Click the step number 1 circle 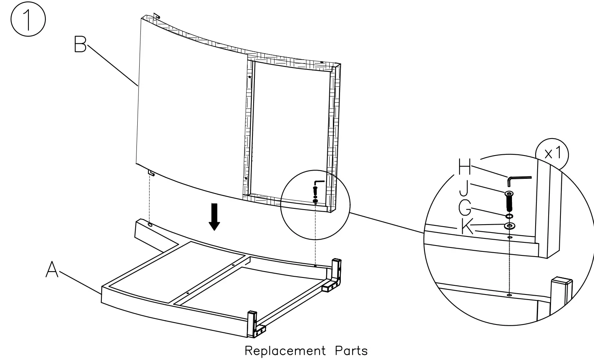[x=28, y=20]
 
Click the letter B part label [x=80, y=44]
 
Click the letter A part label [x=52, y=270]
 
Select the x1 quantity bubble [x=553, y=154]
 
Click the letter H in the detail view [x=465, y=167]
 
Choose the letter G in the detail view [x=465, y=208]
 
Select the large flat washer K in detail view [x=510, y=226]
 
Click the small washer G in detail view [x=509, y=216]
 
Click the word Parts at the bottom [x=351, y=351]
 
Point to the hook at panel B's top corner [x=156, y=16]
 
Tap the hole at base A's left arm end [x=150, y=225]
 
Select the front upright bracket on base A [x=251, y=324]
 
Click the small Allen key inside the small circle [x=318, y=183]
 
